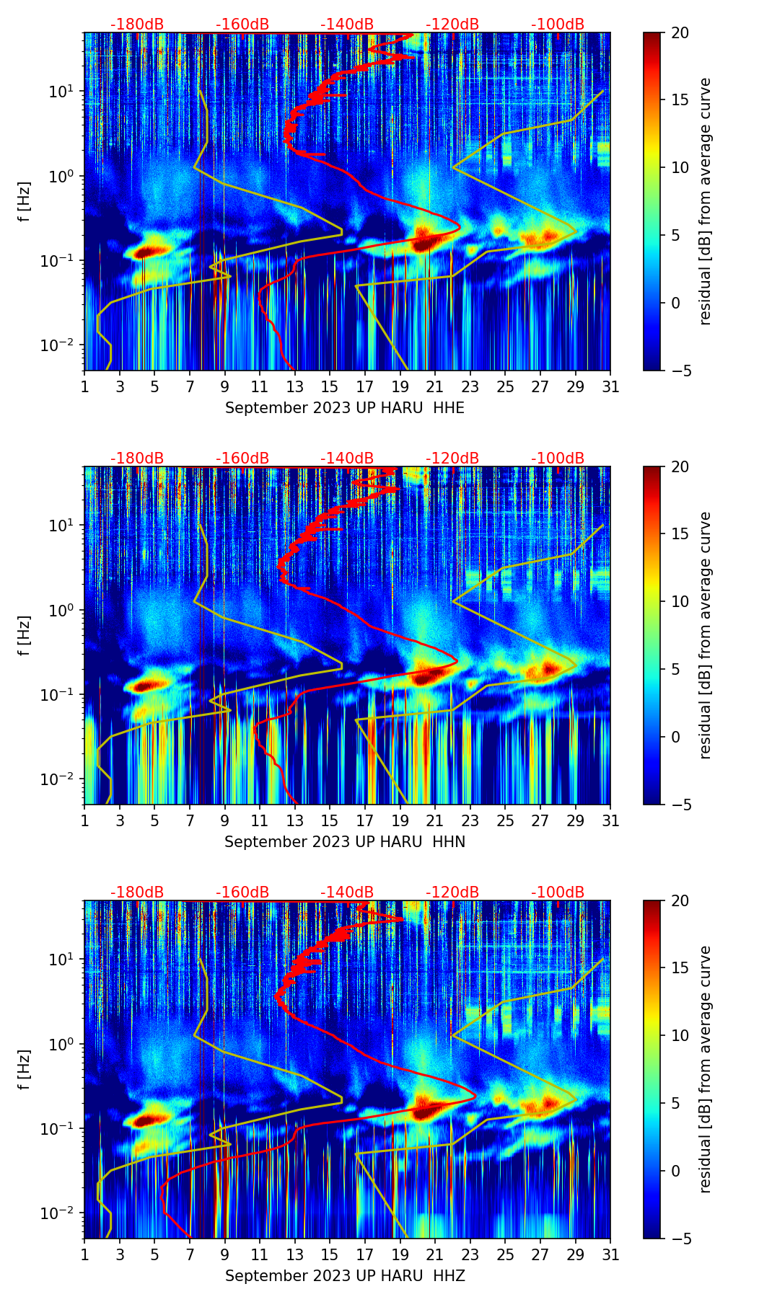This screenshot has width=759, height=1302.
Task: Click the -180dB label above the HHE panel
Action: pos(137,25)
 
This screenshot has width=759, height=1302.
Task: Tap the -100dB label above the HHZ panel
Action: pos(558,893)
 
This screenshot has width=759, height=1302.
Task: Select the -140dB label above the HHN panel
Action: pos(347,459)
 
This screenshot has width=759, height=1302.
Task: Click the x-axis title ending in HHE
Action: pos(345,408)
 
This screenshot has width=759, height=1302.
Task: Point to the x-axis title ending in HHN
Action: pos(345,842)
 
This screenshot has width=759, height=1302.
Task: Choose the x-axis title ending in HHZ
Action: pos(345,1276)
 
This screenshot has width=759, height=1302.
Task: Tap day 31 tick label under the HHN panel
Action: pos(610,821)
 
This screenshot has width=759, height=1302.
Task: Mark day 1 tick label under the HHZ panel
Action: pos(85,1255)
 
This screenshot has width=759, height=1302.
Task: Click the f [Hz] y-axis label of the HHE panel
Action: pos(25,201)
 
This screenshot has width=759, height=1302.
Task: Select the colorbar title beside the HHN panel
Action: pos(706,635)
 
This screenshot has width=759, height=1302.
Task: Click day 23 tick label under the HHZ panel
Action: pos(470,1255)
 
